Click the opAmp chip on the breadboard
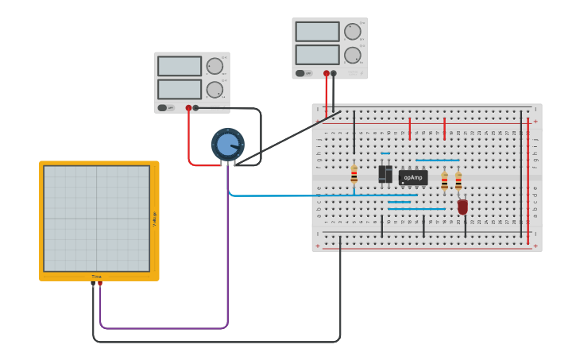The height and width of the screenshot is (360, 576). (412, 178)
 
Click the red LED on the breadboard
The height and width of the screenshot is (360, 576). (462, 207)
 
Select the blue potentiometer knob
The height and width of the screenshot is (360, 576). (227, 145)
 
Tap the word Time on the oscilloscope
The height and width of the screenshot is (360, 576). (96, 277)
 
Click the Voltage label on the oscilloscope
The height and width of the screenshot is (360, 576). (154, 219)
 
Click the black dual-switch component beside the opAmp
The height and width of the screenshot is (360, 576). (385, 173)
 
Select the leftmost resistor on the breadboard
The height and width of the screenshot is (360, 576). (354, 175)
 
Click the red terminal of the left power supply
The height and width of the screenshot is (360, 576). (188, 108)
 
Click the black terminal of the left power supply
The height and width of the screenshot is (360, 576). (195, 108)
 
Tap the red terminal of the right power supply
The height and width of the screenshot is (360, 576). (326, 73)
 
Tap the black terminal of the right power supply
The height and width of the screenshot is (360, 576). (333, 73)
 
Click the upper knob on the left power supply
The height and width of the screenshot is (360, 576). (215, 66)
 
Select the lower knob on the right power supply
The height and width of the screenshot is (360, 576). (352, 55)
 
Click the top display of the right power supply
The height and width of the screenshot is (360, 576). (317, 31)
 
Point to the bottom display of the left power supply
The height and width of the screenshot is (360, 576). (179, 89)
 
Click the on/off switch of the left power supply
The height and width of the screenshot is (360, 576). (164, 108)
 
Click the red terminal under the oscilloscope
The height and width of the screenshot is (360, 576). (100, 283)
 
